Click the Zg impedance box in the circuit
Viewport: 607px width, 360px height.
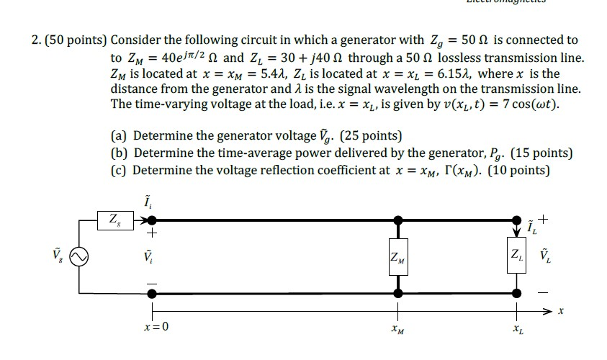(x=114, y=220)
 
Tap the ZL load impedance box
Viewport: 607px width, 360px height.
(x=516, y=256)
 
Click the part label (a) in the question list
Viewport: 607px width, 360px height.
(x=120, y=135)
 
